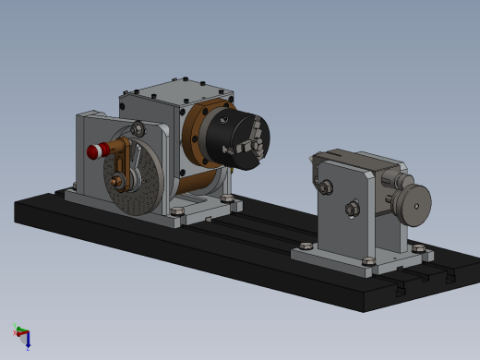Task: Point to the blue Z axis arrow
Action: (28, 343)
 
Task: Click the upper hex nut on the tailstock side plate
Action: (324, 189)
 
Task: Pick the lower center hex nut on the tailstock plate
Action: (351, 210)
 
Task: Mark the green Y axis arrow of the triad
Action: (17, 329)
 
